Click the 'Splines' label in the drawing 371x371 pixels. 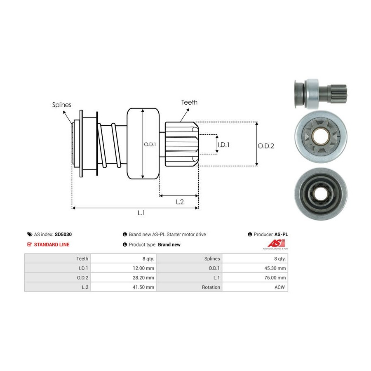pyautogui.click(x=61, y=105)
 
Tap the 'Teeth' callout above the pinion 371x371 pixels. pyautogui.click(x=189, y=102)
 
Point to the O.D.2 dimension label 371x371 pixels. pyautogui.click(x=266, y=146)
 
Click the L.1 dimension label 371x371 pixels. pyautogui.click(x=141, y=213)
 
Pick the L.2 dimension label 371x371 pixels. pyautogui.click(x=180, y=202)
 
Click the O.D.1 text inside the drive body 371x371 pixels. pyautogui.click(x=149, y=145)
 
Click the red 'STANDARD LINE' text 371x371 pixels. pyautogui.click(x=52, y=244)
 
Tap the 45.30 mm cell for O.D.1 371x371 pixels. pyautogui.click(x=275, y=268)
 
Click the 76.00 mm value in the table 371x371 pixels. pyautogui.click(x=275, y=277)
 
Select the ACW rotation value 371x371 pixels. pyautogui.click(x=279, y=287)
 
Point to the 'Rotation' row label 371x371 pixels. pyautogui.click(x=211, y=287)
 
